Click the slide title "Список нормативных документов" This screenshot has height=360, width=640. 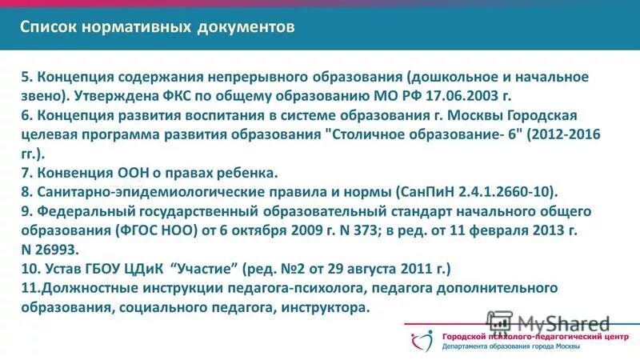point(158,27)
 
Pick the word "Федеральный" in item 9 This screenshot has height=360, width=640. point(76,210)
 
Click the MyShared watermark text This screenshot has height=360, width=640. point(563,324)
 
